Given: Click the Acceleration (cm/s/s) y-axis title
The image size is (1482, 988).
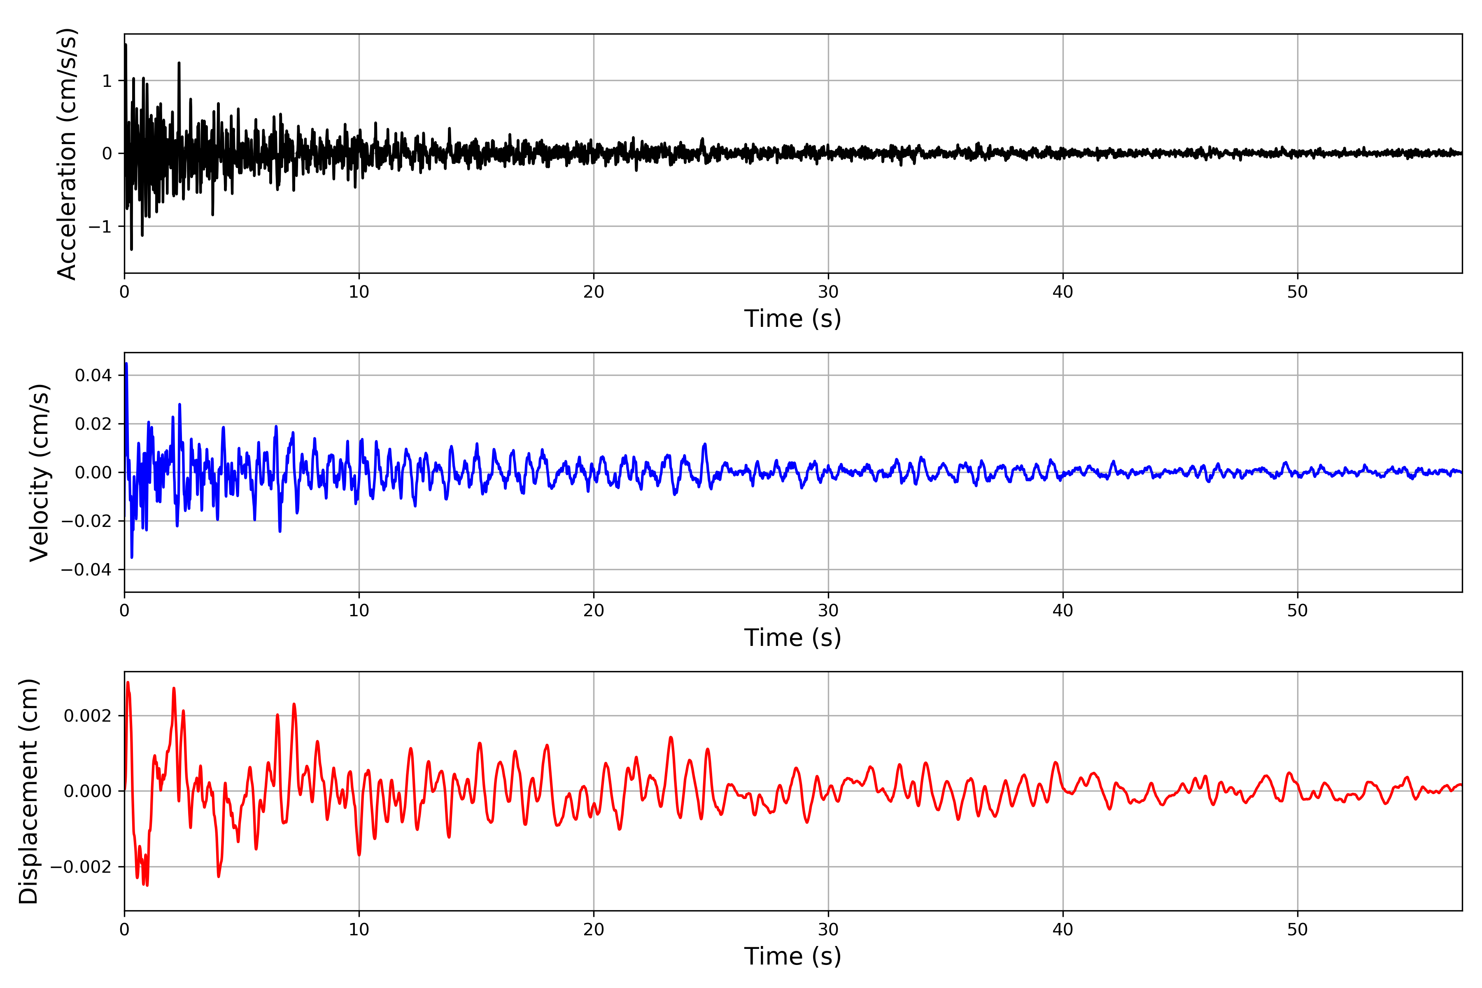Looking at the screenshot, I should (67, 154).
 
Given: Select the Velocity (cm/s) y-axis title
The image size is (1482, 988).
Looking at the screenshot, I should (39, 473).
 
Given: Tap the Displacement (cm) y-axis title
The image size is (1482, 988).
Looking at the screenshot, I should (28, 791).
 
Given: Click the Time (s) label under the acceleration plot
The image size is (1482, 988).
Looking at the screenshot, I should (793, 319).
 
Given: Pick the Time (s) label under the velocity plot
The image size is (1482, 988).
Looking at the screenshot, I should (793, 638).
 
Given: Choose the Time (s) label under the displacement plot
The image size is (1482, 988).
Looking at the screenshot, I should (793, 956).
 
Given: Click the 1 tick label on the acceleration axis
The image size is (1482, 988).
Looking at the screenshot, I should (107, 81).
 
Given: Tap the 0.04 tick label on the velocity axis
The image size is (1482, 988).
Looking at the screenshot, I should (93, 375).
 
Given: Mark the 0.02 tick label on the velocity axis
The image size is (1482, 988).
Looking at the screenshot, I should (93, 424).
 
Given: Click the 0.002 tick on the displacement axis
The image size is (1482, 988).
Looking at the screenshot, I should (88, 716).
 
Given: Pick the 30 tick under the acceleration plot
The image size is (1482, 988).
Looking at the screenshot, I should (828, 292).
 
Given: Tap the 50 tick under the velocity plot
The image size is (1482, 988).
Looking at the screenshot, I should (1298, 611).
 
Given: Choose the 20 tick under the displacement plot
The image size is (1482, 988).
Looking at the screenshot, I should (594, 930).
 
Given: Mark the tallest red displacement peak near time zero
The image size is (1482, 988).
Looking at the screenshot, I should (128, 683).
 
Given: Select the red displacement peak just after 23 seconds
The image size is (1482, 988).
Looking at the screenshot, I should (671, 737).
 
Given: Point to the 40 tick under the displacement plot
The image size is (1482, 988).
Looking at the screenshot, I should (1063, 930).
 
